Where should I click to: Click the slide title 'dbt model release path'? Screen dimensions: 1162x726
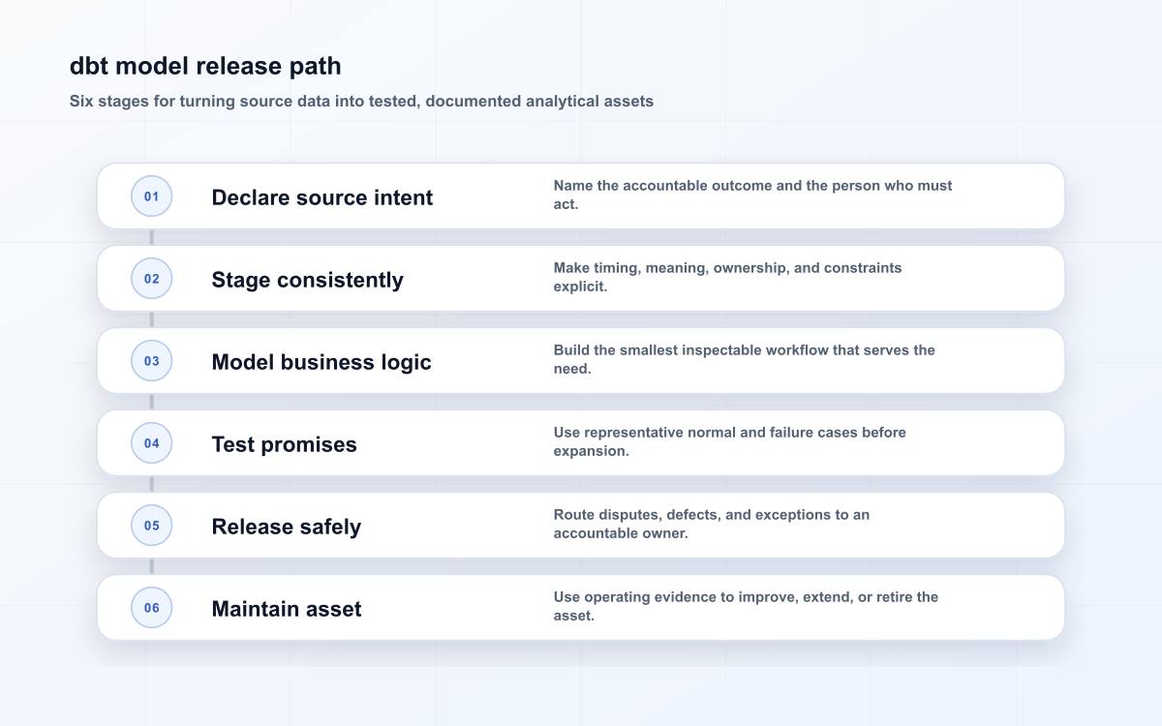[x=205, y=66]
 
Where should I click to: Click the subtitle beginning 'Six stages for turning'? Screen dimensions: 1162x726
[x=361, y=101]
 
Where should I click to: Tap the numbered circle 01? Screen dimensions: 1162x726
[x=151, y=196]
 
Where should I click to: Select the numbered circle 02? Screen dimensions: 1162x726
[x=151, y=279]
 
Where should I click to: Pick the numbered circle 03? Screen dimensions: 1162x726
[x=151, y=360]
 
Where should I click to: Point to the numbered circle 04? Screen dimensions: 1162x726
[x=151, y=443]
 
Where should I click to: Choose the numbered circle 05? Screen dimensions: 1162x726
[x=151, y=526]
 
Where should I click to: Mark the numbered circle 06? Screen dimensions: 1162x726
[x=151, y=607]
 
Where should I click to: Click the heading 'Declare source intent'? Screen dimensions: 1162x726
[x=322, y=197]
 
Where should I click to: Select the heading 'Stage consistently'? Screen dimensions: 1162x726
[x=307, y=280]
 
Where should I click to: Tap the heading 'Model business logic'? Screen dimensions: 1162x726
[x=321, y=362]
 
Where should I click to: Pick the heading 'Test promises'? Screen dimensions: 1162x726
[x=285, y=444]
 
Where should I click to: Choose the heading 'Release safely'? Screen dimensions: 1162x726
[x=287, y=527]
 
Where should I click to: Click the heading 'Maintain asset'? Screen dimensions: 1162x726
[x=287, y=609]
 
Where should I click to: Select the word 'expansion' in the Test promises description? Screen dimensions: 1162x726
[x=589, y=451]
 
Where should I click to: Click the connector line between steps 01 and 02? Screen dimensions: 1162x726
[x=151, y=237]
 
